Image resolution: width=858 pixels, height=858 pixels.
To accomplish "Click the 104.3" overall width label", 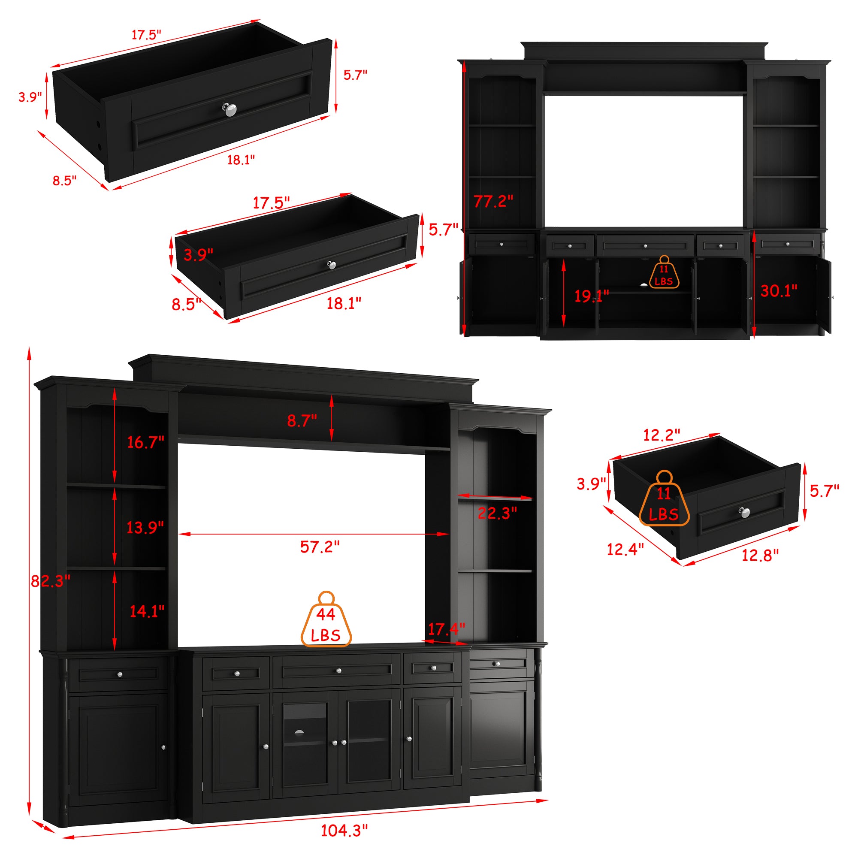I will (344, 830).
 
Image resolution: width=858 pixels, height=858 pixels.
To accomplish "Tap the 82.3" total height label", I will (50, 580).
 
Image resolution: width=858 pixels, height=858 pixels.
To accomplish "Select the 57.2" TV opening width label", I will (320, 547).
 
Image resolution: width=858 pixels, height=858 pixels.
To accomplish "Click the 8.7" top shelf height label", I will (302, 420).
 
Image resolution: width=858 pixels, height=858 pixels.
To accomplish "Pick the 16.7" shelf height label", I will (146, 442).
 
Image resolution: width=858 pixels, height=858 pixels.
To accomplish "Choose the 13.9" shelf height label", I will (145, 528).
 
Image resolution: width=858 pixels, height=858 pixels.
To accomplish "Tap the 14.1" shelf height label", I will (147, 611).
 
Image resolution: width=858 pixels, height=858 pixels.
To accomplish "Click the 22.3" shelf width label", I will (497, 514).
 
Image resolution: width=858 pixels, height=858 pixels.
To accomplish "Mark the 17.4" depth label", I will (446, 629).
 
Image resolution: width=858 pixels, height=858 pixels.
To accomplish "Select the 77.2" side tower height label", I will (493, 201).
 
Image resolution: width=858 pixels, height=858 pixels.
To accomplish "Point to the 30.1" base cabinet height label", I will (779, 291).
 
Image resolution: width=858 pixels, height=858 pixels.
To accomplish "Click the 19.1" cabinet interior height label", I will (591, 296).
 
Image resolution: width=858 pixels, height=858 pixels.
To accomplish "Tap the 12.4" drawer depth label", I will (625, 550).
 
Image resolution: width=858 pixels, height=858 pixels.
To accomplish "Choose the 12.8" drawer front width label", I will (760, 555).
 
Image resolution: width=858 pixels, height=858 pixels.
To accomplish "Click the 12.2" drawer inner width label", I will (662, 435).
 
